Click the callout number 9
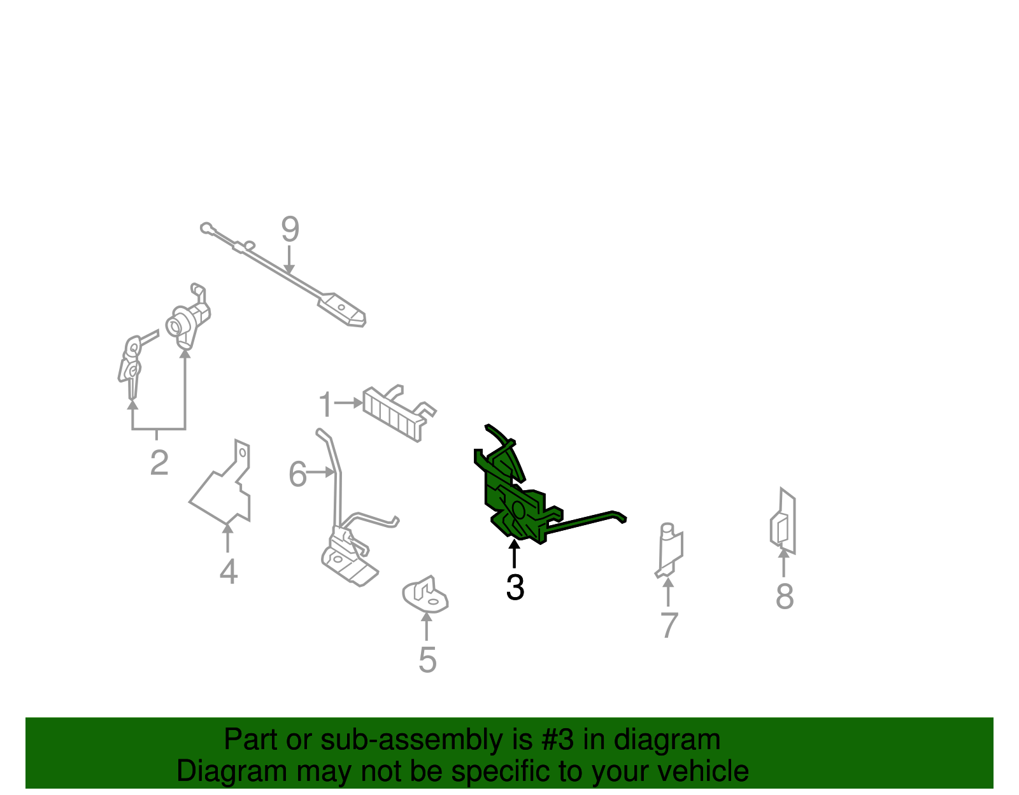[x=290, y=229]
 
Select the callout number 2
[x=159, y=462]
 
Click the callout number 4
[x=229, y=572]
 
